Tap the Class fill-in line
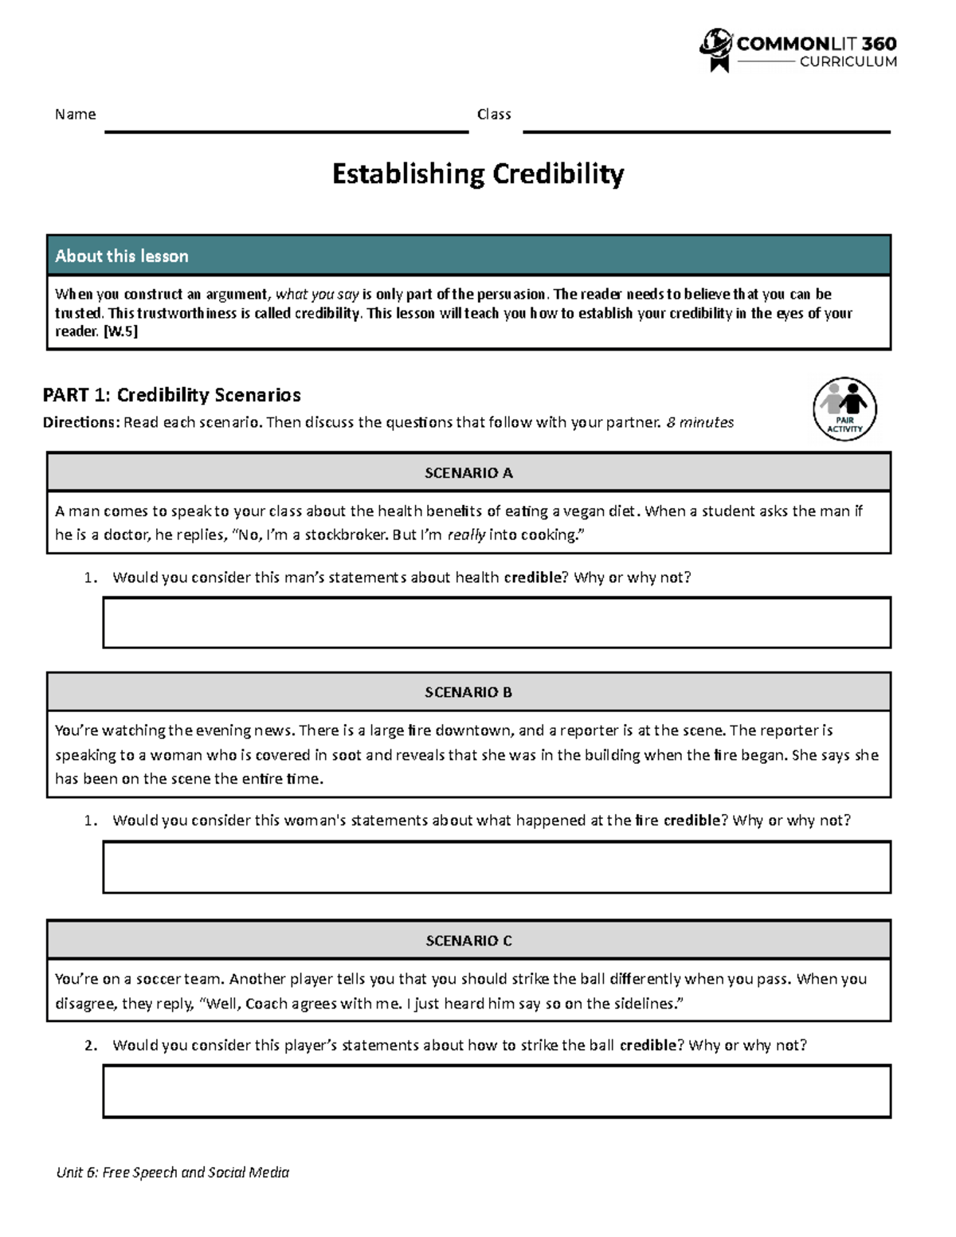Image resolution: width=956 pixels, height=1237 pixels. (706, 131)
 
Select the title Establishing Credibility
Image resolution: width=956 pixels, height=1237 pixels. (477, 174)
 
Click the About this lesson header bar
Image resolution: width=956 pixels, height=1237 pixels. (468, 256)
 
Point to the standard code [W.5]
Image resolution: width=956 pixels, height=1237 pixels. (120, 332)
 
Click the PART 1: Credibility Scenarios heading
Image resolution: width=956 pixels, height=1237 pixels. (171, 395)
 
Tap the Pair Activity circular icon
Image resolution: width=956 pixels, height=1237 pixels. (844, 409)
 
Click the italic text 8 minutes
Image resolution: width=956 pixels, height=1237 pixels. (700, 422)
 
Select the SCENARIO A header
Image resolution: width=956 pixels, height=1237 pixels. (468, 473)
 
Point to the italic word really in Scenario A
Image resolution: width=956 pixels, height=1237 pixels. (466, 535)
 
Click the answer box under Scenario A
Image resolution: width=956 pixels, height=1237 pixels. (496, 622)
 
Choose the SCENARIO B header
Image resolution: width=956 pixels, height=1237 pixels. (468, 692)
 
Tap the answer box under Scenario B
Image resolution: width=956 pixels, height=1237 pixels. (496, 867)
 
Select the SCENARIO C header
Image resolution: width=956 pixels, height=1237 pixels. (468, 941)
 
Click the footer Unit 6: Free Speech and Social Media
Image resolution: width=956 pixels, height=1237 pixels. (172, 1172)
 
